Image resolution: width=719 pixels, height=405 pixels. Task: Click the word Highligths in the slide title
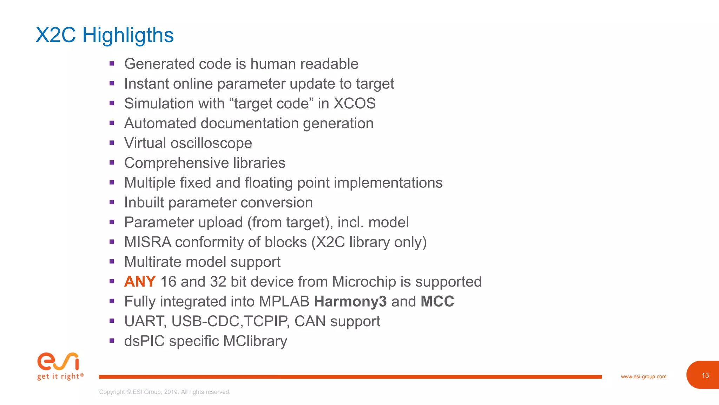click(x=128, y=36)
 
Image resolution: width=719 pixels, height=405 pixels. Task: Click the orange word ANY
click(x=140, y=282)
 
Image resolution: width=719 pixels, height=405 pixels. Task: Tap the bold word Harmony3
click(x=350, y=302)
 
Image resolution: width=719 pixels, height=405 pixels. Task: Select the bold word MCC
click(x=437, y=302)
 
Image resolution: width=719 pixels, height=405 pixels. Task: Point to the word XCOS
click(x=354, y=104)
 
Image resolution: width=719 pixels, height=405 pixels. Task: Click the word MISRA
click(x=147, y=242)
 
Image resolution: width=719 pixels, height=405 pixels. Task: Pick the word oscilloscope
click(x=211, y=143)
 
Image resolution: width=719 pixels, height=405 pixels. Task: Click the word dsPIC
click(x=144, y=341)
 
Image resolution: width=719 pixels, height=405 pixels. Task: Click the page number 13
click(x=705, y=375)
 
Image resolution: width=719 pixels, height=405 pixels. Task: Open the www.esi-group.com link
click(x=643, y=377)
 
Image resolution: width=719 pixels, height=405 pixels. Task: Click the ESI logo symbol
click(x=58, y=361)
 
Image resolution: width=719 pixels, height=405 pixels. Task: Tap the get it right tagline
click(x=60, y=377)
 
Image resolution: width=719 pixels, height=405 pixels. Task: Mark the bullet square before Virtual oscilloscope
click(x=112, y=143)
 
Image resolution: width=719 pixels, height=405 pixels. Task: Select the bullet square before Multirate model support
click(x=112, y=262)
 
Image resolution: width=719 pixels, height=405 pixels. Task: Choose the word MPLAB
click(x=284, y=302)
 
